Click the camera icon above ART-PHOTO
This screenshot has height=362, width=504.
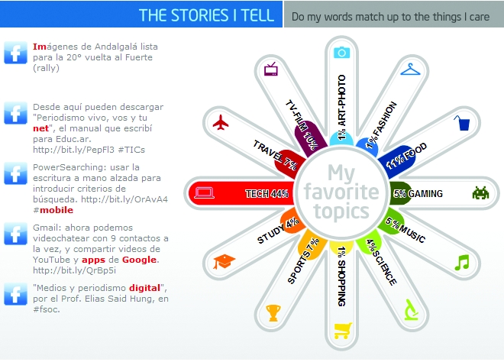coord(341,52)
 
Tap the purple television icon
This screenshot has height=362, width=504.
coord(271,69)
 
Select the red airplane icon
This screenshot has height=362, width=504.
coord(221,122)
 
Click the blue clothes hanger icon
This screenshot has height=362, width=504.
coord(410,69)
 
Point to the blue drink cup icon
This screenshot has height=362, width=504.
coord(462,123)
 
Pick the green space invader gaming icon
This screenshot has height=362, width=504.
coord(480,193)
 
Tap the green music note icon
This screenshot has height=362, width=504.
coord(462,263)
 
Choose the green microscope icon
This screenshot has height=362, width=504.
coord(411,309)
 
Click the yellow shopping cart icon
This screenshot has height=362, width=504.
coord(343,331)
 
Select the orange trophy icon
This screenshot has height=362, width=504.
coord(273,313)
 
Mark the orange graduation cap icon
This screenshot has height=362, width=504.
coord(224,262)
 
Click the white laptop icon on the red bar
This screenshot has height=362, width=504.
coord(204,193)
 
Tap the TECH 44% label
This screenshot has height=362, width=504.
coord(267,193)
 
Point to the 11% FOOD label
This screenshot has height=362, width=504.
coord(406,156)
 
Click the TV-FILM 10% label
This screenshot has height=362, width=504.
coord(301,124)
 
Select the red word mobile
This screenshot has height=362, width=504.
coord(57,210)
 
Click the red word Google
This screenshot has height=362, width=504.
coord(139,260)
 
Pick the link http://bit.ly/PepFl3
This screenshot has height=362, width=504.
coord(73,150)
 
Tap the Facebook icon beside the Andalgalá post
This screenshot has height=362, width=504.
coord(15,53)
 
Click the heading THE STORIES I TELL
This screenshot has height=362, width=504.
coord(206,15)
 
